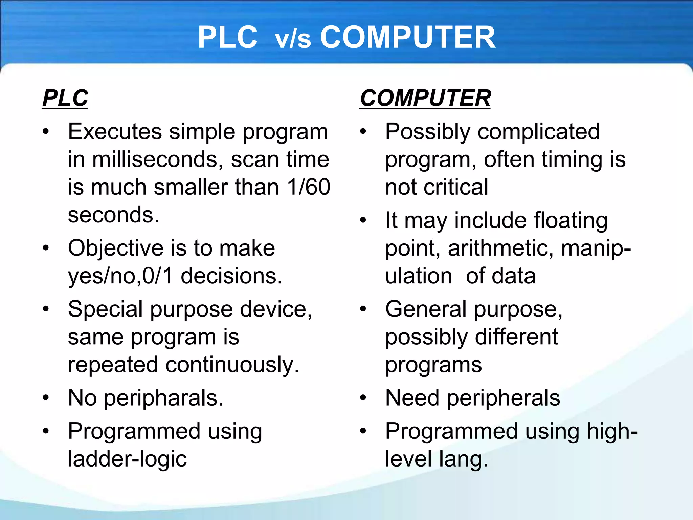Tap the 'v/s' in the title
(x=293, y=40)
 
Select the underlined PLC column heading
(x=65, y=98)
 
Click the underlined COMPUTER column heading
(x=425, y=98)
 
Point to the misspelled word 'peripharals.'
(x=163, y=398)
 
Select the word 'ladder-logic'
(x=127, y=459)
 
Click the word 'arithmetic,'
(x=501, y=248)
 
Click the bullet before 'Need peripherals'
(x=363, y=398)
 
